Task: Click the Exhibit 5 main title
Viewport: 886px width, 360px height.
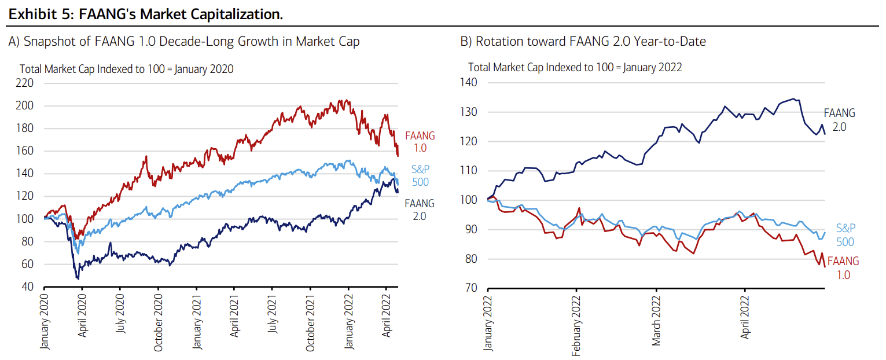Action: click(x=145, y=14)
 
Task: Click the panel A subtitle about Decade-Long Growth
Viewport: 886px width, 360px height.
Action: click(x=184, y=42)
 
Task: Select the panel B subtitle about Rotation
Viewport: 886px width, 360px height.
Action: click(x=583, y=42)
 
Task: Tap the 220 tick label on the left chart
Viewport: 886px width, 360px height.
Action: click(x=27, y=83)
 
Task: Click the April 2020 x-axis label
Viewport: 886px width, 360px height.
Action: click(x=82, y=317)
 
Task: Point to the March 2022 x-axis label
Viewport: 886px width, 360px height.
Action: click(x=656, y=320)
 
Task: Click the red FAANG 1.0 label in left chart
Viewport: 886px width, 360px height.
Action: click(x=420, y=142)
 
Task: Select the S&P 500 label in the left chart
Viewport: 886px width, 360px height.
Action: click(x=420, y=175)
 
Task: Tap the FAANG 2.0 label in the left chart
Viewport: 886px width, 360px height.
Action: click(x=420, y=209)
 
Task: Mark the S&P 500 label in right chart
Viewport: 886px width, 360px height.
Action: click(x=845, y=236)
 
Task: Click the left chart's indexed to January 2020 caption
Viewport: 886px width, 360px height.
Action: click(x=127, y=69)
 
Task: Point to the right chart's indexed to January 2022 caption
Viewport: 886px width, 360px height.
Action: click(x=575, y=67)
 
